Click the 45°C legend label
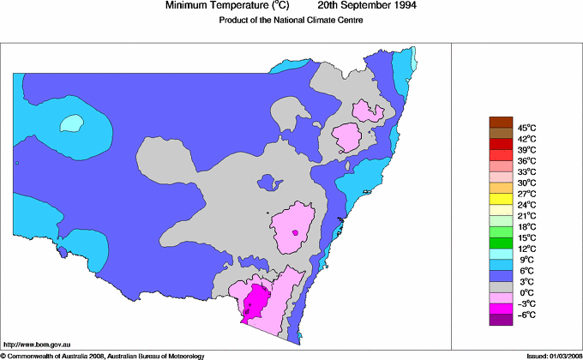[526, 128]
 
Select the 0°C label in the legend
[526, 293]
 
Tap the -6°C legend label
[526, 315]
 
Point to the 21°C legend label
[526, 216]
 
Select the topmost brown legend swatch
[500, 122]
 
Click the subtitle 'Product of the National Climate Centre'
[288, 21]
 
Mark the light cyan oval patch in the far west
[73, 123]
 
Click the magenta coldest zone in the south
[255, 301]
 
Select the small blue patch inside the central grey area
[270, 182]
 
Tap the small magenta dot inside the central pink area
[295, 232]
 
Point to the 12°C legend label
[526, 249]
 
